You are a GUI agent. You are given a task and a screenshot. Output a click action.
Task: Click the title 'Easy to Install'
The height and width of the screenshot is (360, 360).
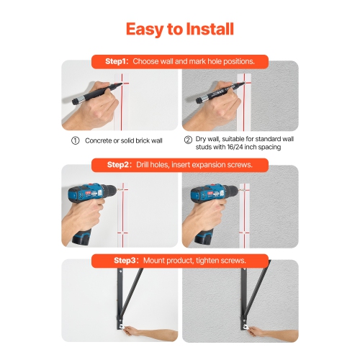pyautogui.click(x=179, y=29)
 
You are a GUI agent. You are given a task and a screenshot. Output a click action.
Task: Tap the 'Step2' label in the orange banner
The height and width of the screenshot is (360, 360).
pyautogui.click(x=119, y=165)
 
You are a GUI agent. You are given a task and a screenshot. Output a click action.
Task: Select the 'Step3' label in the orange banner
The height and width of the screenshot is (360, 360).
pyautogui.click(x=120, y=259)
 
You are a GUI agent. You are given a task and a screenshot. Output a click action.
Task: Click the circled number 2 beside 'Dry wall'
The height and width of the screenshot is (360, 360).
pyautogui.click(x=189, y=140)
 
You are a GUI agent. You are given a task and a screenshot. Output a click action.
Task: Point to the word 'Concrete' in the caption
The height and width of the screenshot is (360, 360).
pyautogui.click(x=100, y=140)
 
